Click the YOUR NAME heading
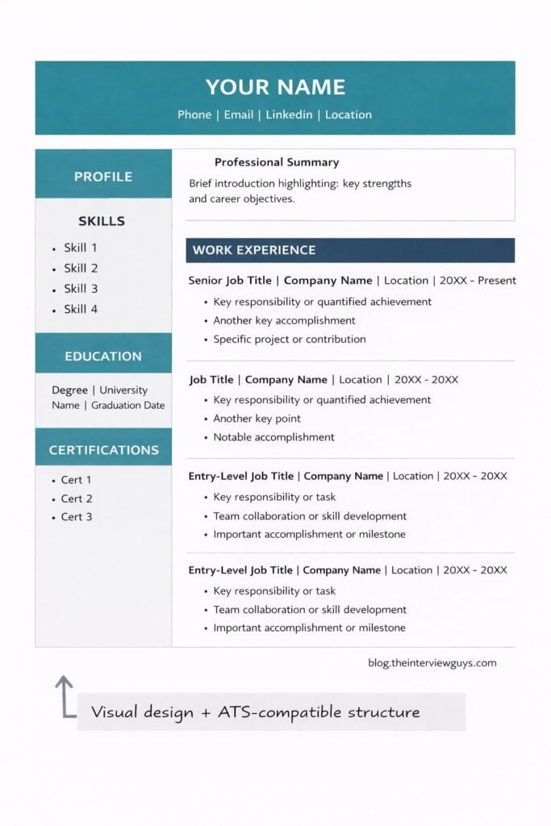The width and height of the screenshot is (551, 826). [275, 87]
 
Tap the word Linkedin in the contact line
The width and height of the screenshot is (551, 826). [290, 115]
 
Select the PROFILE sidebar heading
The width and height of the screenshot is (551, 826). [103, 177]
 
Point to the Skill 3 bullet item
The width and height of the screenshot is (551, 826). [81, 289]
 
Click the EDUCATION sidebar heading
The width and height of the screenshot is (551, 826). [103, 356]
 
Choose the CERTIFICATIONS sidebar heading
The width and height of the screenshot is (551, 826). [103, 450]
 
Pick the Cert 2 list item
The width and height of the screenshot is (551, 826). [77, 499]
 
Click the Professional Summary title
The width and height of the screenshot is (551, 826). [277, 162]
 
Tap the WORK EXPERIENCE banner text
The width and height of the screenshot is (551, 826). [254, 250]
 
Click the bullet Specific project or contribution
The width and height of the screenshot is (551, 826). [289, 340]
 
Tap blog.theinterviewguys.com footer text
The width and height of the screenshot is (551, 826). [432, 663]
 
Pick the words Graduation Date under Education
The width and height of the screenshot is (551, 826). [127, 406]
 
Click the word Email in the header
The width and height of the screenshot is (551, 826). [239, 115]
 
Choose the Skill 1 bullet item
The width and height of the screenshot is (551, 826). [81, 248]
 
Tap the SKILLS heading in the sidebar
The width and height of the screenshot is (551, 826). [102, 221]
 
